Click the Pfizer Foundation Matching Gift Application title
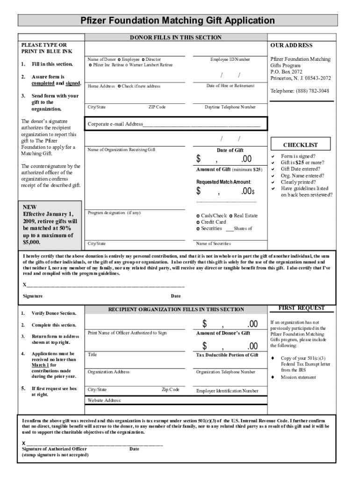(178, 21)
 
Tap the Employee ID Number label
(230, 59)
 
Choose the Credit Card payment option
(213, 222)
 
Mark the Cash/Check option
(213, 215)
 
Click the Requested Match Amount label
(223, 181)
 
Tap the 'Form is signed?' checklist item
(298, 156)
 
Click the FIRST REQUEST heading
(302, 308)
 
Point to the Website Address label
(105, 400)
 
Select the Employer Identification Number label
(227, 391)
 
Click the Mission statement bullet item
(298, 377)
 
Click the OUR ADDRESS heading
(291, 45)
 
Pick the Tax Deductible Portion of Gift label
(227, 355)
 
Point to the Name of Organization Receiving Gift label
(122, 150)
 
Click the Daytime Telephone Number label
(230, 107)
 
